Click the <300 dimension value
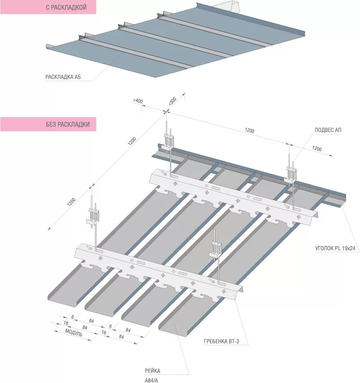[172, 101]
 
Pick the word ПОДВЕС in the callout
[324, 130]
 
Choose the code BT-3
[235, 342]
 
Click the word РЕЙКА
[152, 371]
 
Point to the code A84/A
[152, 380]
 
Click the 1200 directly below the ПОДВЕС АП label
[316, 149]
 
